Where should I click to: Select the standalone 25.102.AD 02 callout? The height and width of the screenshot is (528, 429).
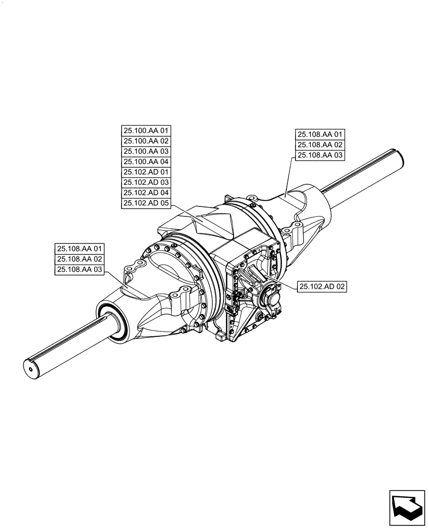(x=322, y=287)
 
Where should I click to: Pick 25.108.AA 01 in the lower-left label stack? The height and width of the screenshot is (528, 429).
(x=80, y=249)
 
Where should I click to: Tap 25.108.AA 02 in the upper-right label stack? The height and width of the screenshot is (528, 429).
(x=320, y=145)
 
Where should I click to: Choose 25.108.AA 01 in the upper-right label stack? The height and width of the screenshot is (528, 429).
(x=320, y=135)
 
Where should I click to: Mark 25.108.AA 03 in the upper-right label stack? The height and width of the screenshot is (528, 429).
(x=320, y=155)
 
